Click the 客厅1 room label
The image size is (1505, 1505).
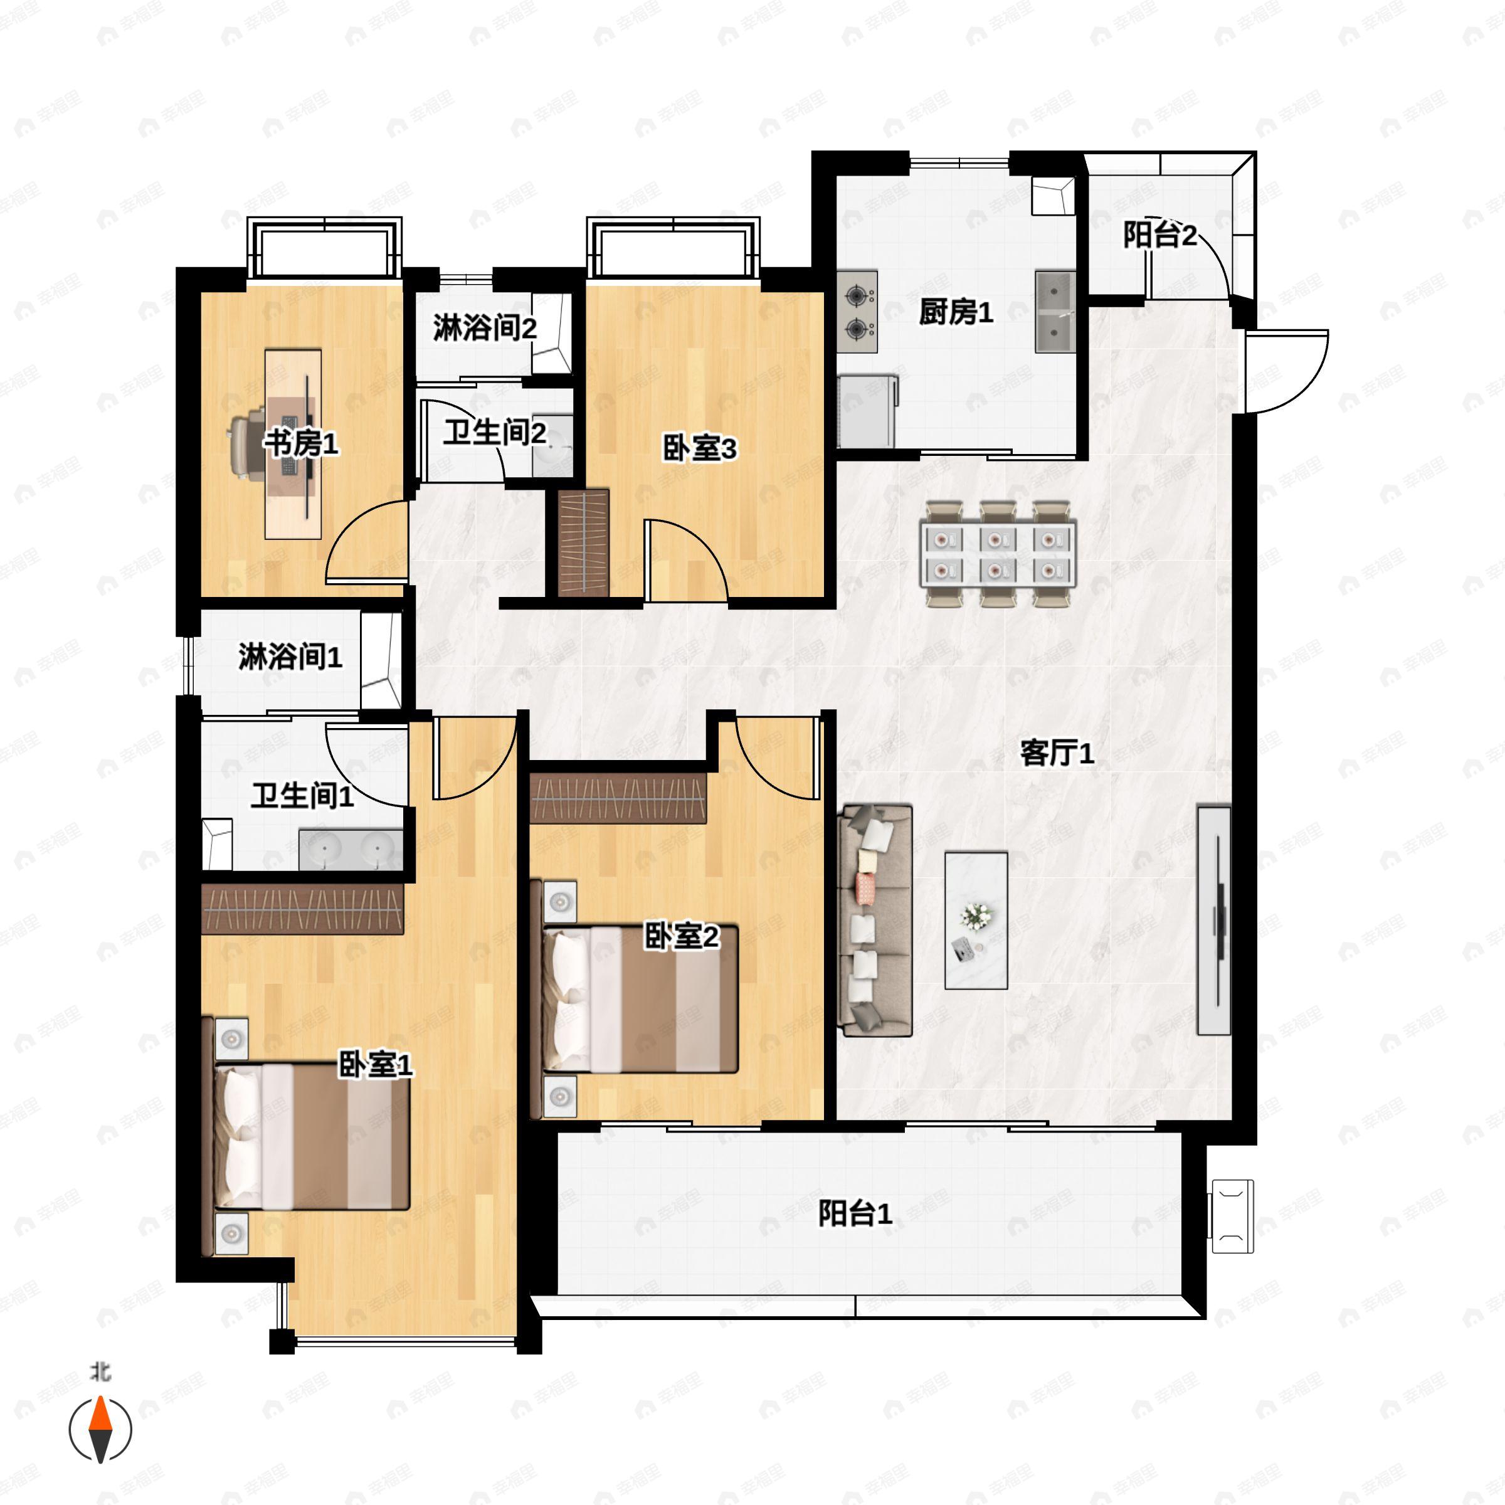[1057, 752]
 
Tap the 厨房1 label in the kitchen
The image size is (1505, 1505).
[956, 312]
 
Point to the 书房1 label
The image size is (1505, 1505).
[301, 443]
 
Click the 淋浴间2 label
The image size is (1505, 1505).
[485, 328]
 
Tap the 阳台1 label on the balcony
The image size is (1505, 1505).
[855, 1213]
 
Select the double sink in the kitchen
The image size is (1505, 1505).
[1055, 312]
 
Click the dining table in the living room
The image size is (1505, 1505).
[997, 554]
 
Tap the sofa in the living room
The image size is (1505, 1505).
[875, 921]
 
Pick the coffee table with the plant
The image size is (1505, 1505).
[976, 921]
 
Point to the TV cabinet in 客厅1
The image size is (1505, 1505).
[1213, 921]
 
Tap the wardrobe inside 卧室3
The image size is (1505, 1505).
[583, 543]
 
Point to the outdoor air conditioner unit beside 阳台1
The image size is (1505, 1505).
[1232, 1216]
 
